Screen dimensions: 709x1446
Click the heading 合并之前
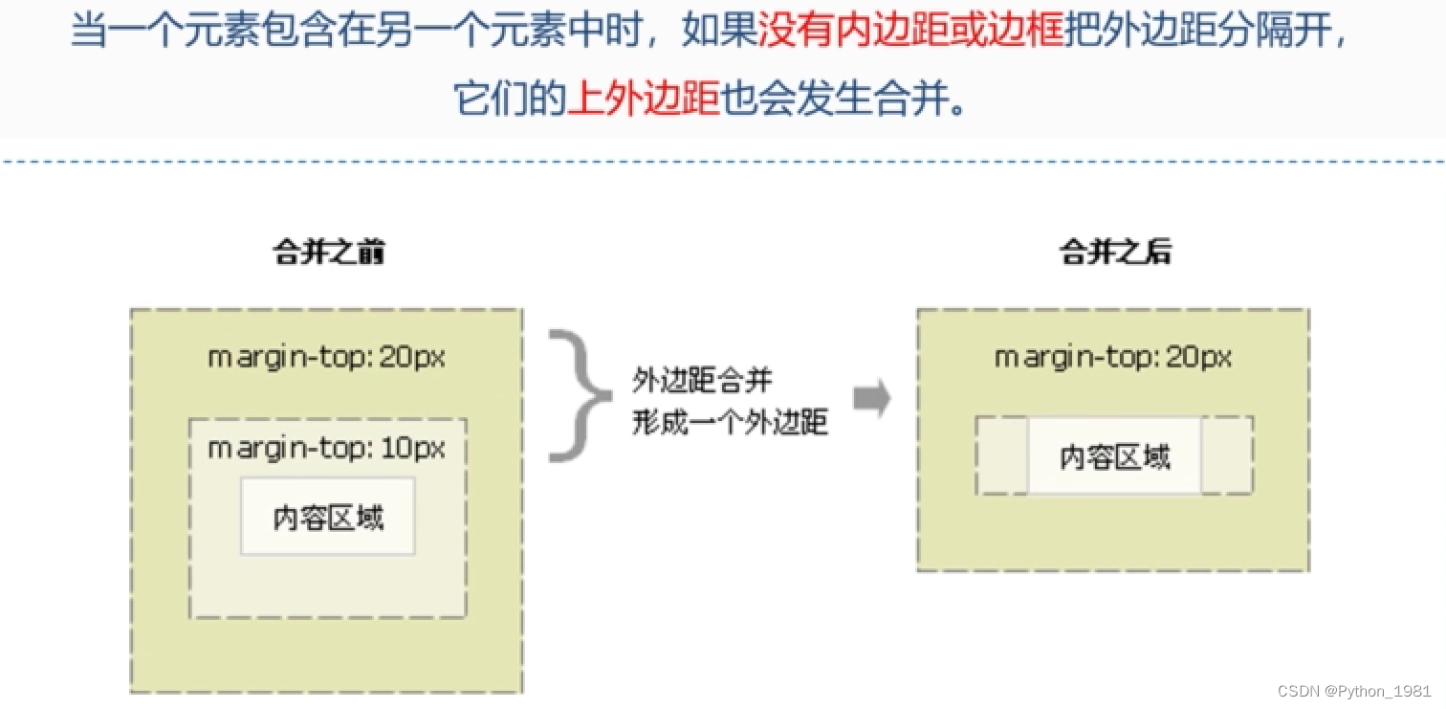[329, 253]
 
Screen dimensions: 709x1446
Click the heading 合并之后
[1115, 253]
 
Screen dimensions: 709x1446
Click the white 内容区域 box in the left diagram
[328, 517]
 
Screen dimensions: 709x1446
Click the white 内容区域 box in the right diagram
[1115, 456]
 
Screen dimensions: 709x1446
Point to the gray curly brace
[578, 396]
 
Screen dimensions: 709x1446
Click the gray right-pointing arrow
[871, 398]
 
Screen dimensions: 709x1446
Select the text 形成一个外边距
[729, 422]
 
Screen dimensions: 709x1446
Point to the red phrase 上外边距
[643, 98]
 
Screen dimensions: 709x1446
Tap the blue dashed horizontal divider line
[723, 162]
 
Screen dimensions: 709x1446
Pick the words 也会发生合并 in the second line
[834, 98]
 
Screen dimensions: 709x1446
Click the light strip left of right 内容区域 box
[1002, 456]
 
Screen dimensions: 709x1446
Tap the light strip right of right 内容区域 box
[1227, 456]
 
